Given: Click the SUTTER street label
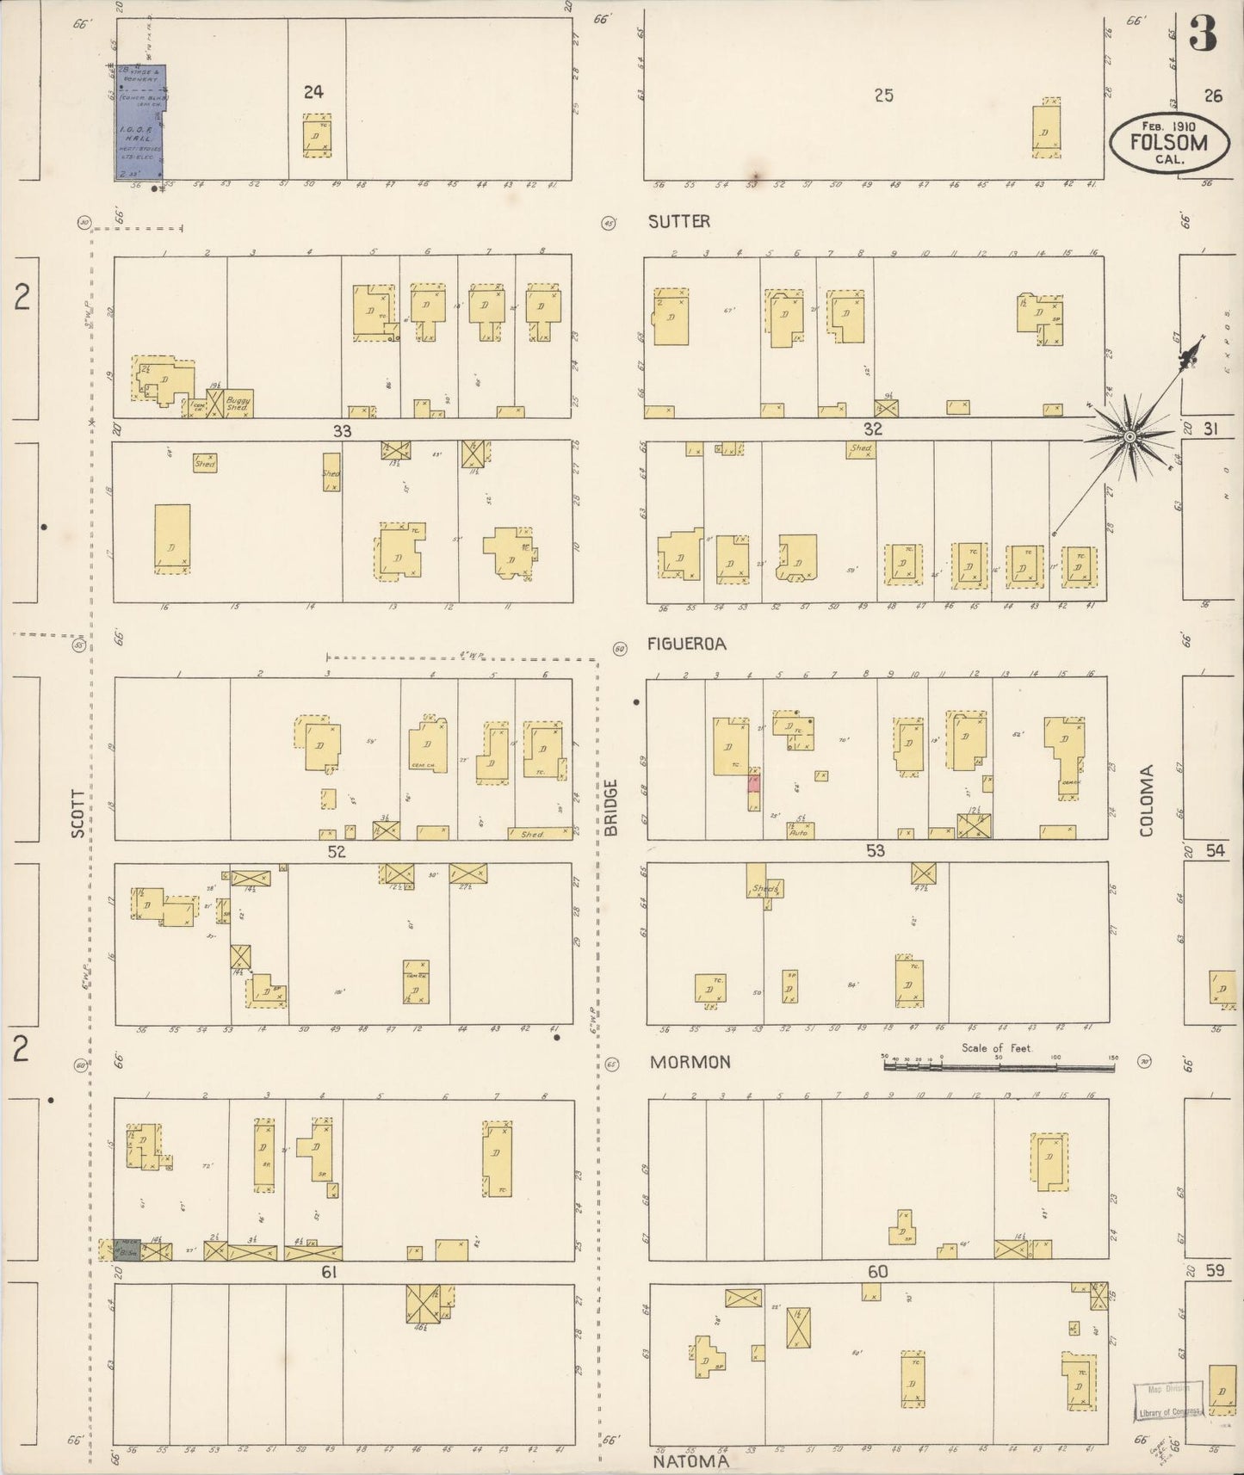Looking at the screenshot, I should point(678,221).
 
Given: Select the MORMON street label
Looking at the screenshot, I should point(690,1062).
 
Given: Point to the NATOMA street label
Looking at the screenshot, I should point(690,1460).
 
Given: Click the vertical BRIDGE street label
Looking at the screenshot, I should point(611,807).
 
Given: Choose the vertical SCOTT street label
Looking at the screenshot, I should point(78,813).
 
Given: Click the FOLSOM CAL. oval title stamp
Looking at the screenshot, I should point(1167,144).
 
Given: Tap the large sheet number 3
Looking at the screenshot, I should point(1203,35).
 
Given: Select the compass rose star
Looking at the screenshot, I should point(1130,437).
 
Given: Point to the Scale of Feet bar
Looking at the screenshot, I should point(999,1066).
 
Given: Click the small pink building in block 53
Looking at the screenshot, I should point(753,783).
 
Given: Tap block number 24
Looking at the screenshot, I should point(313,91).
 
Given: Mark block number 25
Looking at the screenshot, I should point(883,96).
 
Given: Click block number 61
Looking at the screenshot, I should point(328,1272).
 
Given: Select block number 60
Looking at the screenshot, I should point(877,1272).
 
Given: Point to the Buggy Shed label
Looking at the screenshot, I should point(238,404).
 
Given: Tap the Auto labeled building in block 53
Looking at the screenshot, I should point(800,830).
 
